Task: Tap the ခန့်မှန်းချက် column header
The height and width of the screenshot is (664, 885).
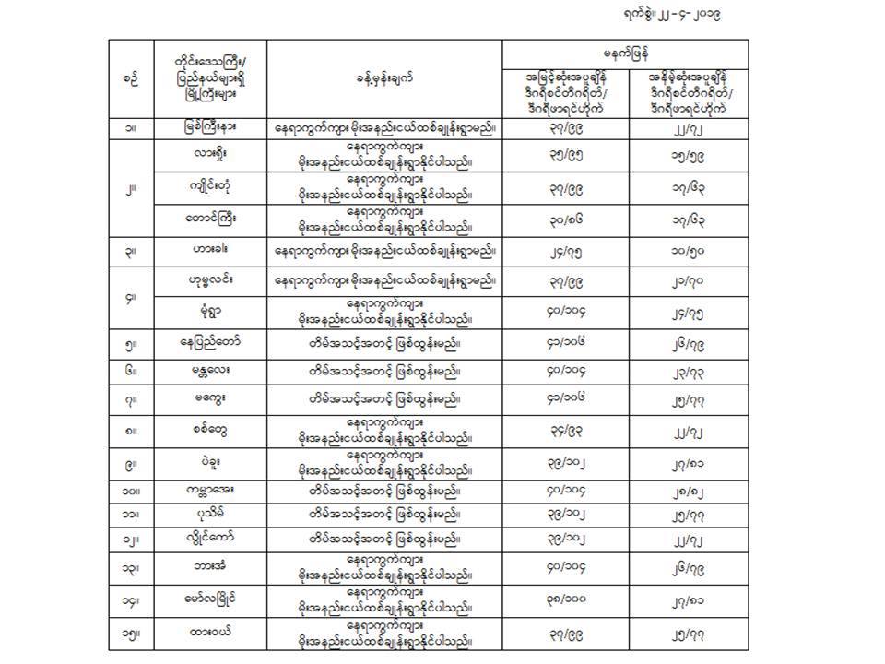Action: [x=385, y=79]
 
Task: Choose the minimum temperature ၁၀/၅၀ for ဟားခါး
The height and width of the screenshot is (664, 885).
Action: [x=687, y=251]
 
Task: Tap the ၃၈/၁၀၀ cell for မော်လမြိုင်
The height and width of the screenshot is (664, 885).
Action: [x=564, y=600]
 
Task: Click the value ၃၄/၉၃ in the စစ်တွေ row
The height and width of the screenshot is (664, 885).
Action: [x=564, y=428]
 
